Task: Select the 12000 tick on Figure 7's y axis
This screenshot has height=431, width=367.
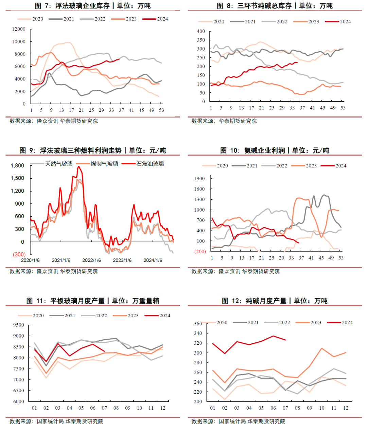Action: click(x=19, y=29)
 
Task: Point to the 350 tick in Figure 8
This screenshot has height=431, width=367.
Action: click(x=201, y=40)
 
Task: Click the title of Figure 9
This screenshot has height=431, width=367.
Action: click(x=92, y=150)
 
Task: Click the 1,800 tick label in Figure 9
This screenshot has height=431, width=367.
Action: click(x=17, y=166)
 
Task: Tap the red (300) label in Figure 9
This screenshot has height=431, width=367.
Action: click(x=19, y=254)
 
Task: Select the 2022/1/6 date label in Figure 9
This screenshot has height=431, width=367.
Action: click(x=91, y=260)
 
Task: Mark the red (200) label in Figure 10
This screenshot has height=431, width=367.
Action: click(x=200, y=251)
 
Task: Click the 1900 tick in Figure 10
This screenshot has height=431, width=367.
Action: click(x=199, y=179)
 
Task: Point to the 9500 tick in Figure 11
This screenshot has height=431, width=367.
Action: click(x=19, y=325)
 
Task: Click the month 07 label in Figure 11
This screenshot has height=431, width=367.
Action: click(x=104, y=408)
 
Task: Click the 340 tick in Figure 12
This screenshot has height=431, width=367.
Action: click(x=198, y=334)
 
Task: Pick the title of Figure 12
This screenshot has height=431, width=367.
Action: click(x=275, y=301)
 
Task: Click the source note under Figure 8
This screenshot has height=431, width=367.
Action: click(x=224, y=121)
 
